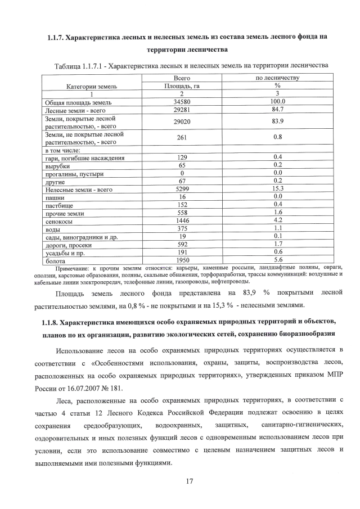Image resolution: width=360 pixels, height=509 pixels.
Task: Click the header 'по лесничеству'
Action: click(277, 78)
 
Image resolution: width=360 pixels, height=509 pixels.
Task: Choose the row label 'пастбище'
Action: click(58, 205)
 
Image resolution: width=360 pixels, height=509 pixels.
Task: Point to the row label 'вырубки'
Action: click(57, 166)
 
